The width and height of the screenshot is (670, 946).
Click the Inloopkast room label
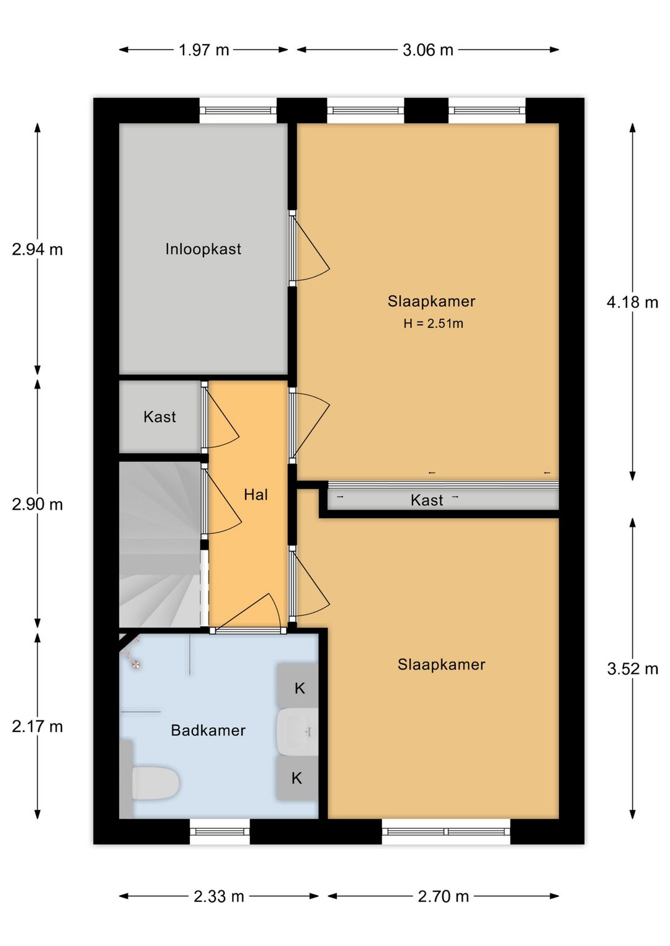pyautogui.click(x=203, y=249)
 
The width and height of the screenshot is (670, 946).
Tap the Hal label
pyautogui.click(x=256, y=495)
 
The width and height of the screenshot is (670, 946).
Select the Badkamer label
pyautogui.click(x=208, y=730)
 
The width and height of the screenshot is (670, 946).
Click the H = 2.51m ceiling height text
pyautogui.click(x=433, y=324)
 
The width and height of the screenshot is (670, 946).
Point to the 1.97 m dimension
pyautogui.click(x=203, y=50)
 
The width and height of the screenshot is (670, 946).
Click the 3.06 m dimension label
pyautogui.click(x=427, y=50)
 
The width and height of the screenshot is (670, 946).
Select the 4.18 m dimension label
pyautogui.click(x=632, y=303)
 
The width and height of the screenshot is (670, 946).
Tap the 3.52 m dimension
pyautogui.click(x=632, y=669)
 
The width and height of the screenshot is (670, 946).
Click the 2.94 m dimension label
pyautogui.click(x=37, y=249)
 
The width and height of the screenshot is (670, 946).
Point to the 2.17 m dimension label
pyautogui.click(x=37, y=727)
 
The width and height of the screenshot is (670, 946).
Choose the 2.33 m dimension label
pyautogui.click(x=218, y=896)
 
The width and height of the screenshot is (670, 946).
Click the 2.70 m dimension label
pyautogui.click(x=443, y=896)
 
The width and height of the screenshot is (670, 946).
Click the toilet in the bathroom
pyautogui.click(x=155, y=783)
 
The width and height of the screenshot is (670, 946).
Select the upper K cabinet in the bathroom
pyautogui.click(x=299, y=687)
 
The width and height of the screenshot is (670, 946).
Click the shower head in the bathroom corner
pyautogui.click(x=135, y=664)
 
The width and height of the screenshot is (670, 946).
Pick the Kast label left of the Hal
pyautogui.click(x=159, y=417)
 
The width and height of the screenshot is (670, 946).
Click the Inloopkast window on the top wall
pyautogui.click(x=238, y=111)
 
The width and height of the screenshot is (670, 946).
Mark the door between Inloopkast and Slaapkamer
pyautogui.click(x=293, y=248)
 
